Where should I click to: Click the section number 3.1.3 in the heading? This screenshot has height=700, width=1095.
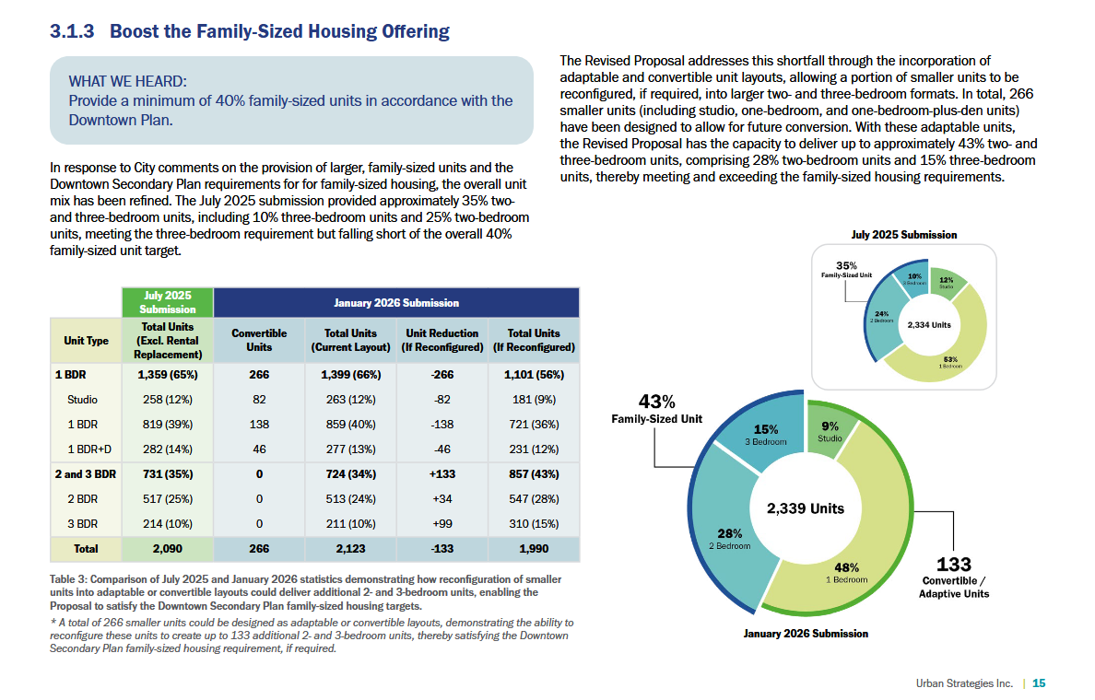72,31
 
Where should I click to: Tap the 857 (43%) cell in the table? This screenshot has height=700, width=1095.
534,473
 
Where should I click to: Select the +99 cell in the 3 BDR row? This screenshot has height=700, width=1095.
442,523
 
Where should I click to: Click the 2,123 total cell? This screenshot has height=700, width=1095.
350,549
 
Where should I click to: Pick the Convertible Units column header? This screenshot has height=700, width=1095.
259,340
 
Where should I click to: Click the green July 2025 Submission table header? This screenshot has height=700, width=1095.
168,302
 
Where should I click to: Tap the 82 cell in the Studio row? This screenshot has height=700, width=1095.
259,399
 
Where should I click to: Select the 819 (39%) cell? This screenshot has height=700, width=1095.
168,424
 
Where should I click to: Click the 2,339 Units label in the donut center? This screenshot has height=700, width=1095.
806,508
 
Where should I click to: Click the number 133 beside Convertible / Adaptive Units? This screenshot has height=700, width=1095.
953,564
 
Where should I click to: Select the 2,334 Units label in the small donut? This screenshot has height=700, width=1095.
929,324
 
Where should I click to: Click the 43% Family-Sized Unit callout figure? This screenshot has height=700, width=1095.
656,402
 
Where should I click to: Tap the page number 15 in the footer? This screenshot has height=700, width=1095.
1039,683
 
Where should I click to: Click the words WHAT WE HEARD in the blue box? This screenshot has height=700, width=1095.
127,82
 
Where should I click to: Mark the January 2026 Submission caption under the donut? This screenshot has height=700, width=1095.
806,634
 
